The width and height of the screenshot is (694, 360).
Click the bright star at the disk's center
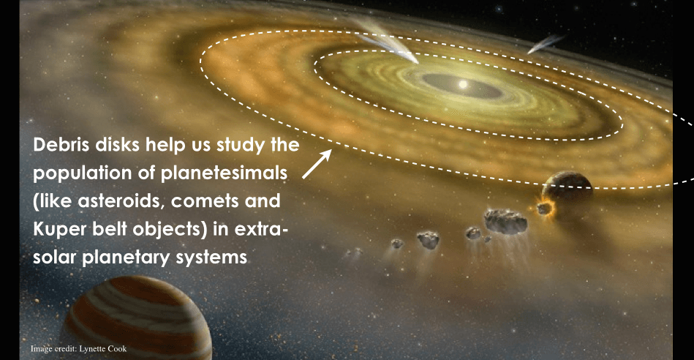coord(463,83)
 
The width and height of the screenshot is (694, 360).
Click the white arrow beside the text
coord(317,164)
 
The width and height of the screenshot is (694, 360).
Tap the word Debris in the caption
coord(62,145)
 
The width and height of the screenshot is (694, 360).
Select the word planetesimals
coord(224,173)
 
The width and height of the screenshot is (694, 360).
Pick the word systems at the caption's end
coord(211,258)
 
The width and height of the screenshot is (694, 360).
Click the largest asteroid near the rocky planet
coord(505,221)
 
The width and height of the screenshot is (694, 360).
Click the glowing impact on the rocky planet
coord(544,207)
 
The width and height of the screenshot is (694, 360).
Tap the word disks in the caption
coord(118,145)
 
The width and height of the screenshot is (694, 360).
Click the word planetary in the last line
coord(129,258)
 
